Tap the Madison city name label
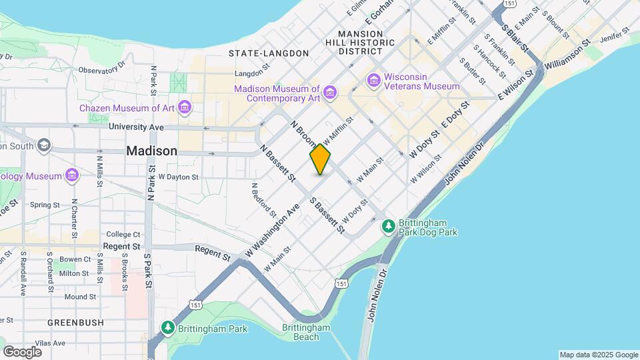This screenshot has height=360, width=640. click(151, 151)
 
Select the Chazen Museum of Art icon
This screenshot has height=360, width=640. click(185, 108)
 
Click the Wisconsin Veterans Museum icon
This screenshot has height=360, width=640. click(373, 81)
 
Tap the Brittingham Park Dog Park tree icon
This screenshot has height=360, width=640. click(389, 227)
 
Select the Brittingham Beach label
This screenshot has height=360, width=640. click(306, 332)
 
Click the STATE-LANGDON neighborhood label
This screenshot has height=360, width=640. click(269, 53)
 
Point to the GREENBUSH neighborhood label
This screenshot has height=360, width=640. click(75, 322)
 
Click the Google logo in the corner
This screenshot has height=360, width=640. click(22, 351)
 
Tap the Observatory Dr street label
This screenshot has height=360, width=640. click(102, 68)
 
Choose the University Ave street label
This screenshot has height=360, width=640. click(136, 127)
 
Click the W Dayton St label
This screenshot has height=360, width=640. click(178, 177)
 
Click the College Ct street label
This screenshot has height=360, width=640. click(123, 234)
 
